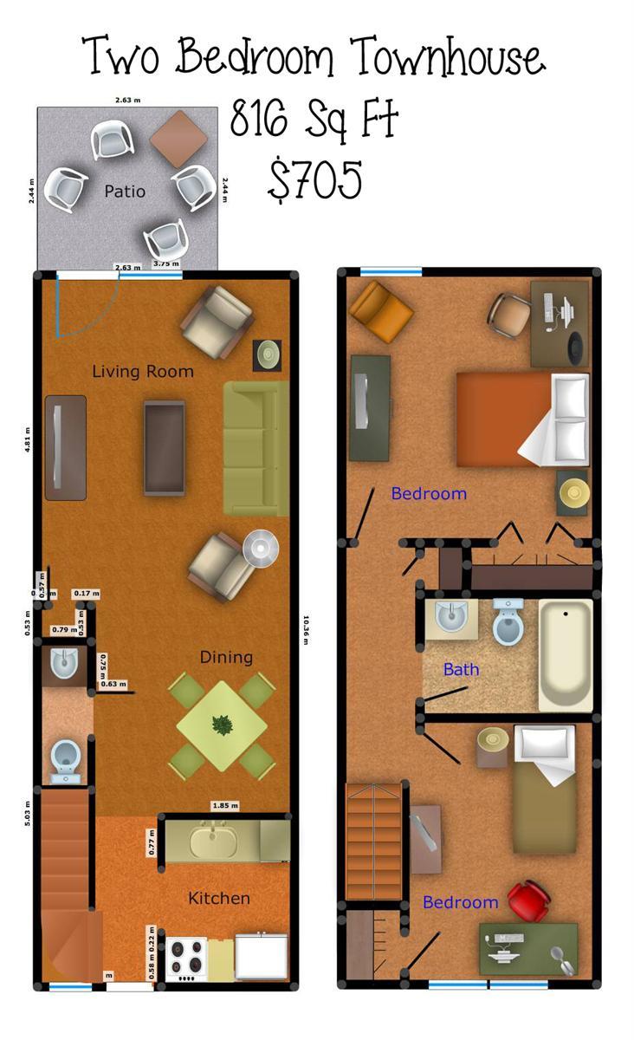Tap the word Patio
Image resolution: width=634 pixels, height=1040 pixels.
(x=125, y=191)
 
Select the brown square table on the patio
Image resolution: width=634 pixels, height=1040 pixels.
(x=179, y=139)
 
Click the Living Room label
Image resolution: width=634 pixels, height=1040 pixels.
(x=143, y=372)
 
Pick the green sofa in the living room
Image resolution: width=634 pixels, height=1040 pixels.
(x=256, y=448)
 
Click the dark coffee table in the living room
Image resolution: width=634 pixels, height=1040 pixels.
(x=165, y=447)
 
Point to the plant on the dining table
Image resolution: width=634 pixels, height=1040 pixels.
(x=222, y=725)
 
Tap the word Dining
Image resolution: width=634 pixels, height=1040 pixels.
(x=226, y=657)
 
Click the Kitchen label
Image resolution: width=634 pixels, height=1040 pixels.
(x=219, y=899)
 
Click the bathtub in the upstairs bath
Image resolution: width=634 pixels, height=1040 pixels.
(x=566, y=654)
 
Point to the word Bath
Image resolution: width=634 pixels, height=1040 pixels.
(x=461, y=669)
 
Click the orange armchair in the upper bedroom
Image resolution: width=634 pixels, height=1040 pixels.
(x=381, y=311)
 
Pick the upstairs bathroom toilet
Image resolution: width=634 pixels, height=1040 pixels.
(x=508, y=622)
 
